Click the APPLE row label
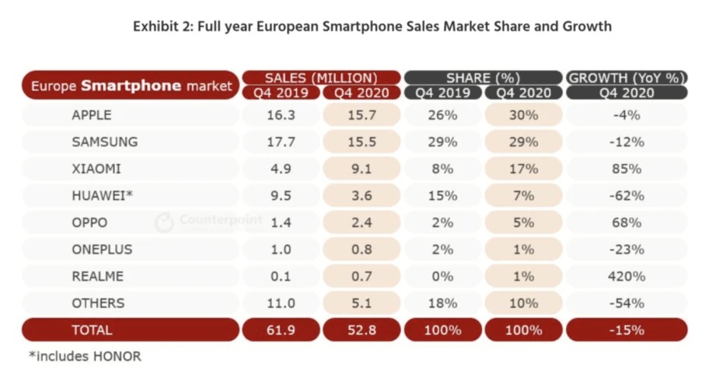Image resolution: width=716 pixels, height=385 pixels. [91, 115]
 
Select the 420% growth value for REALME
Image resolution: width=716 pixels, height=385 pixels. [627, 276]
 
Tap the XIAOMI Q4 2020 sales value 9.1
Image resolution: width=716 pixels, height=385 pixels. [362, 168]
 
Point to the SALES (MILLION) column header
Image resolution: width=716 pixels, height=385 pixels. [321, 77]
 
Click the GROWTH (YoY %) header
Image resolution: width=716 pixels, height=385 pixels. [627, 77]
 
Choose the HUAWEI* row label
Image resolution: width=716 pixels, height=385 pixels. [102, 195]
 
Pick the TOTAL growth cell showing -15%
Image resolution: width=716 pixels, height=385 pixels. [627, 330]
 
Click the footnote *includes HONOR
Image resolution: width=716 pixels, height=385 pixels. [85, 356]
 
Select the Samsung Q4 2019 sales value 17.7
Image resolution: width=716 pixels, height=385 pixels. [281, 142]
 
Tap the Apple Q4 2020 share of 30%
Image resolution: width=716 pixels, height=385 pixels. [523, 115]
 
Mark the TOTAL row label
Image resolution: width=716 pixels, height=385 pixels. [91, 330]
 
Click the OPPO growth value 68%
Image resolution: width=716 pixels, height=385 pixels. [627, 223]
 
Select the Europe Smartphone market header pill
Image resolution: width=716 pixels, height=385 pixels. [130, 85]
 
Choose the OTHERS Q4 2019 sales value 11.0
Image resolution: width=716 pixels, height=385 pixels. [281, 303]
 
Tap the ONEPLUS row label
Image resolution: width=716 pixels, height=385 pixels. [102, 249]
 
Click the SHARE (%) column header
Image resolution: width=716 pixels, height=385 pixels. [483, 77]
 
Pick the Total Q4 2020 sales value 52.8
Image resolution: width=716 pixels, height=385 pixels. [362, 330]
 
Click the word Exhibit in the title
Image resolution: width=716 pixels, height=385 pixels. [158, 27]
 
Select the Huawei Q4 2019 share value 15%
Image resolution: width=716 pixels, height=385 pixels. [443, 195]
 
